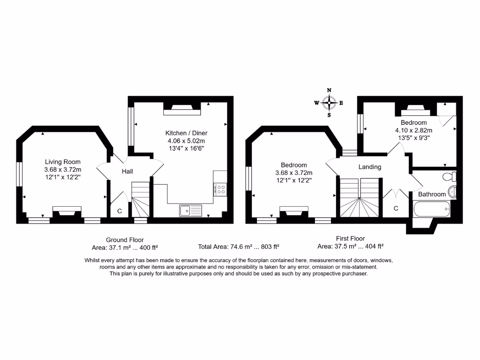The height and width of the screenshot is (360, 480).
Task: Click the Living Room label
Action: tap(63, 162)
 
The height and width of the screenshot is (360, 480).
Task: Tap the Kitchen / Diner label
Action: tap(186, 133)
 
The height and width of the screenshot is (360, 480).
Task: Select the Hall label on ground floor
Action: tap(127, 172)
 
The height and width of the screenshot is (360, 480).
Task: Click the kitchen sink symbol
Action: tap(190, 211)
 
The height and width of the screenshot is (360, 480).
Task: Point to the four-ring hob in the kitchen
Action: tap(220, 189)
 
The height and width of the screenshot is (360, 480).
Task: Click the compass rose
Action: tap(329, 102)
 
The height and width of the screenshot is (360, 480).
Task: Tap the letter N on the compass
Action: tap(329, 90)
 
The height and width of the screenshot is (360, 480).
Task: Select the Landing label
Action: tap(370, 167)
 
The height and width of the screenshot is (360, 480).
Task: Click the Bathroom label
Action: tap(432, 194)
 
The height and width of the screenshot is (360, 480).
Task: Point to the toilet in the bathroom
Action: tap(450, 177)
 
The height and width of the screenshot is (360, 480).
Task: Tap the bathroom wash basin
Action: tap(452, 192)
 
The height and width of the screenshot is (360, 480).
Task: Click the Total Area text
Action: tap(239, 247)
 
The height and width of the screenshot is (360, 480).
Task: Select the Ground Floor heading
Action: tap(125, 240)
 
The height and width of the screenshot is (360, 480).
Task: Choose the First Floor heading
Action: tap(350, 239)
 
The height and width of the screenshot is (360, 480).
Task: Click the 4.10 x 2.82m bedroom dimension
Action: tap(413, 130)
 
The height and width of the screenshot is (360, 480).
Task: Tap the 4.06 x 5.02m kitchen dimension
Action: tap(186, 141)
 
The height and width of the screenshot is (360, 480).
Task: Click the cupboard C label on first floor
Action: tap(396, 208)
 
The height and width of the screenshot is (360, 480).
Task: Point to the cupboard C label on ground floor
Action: tap(119, 211)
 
